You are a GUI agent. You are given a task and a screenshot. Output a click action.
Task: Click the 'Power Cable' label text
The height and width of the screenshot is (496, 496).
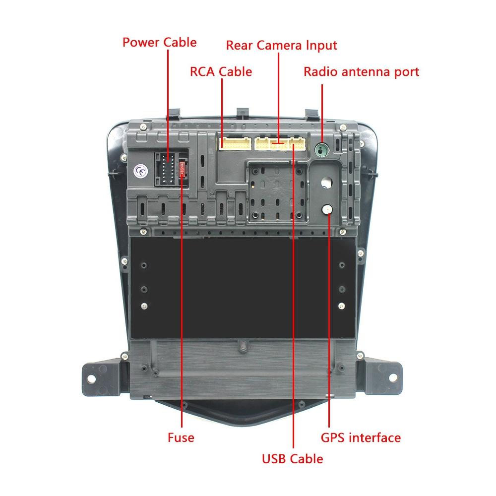pyautogui.click(x=159, y=42)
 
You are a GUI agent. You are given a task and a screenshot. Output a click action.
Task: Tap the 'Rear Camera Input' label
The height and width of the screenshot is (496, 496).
pyautogui.click(x=281, y=45)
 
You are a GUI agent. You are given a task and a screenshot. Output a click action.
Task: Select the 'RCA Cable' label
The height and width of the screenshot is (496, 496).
pyautogui.click(x=221, y=71)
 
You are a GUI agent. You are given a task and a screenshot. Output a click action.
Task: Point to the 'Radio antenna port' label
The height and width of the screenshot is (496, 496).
pyautogui.click(x=361, y=71)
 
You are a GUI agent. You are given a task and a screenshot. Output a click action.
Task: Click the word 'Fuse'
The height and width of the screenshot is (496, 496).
pyautogui.click(x=181, y=437)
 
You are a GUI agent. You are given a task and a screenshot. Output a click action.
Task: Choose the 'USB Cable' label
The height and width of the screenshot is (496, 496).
pyautogui.click(x=293, y=459)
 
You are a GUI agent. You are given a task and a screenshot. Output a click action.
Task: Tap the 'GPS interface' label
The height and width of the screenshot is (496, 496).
pyautogui.click(x=361, y=437)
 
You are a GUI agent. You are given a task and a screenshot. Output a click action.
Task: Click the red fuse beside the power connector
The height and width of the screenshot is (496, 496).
pyautogui.click(x=184, y=169)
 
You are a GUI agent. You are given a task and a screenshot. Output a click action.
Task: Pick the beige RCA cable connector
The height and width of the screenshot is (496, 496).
pyautogui.click(x=235, y=144)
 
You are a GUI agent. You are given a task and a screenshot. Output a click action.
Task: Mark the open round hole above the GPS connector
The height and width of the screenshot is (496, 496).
pyautogui.click(x=326, y=183)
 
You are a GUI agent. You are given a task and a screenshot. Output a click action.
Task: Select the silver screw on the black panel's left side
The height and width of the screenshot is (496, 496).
pyautogui.click(x=144, y=306)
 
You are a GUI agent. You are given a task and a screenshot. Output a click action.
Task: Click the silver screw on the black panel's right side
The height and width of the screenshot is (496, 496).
pyautogui.click(x=342, y=306)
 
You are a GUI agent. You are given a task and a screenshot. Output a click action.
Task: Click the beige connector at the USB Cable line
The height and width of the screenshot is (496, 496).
pyautogui.click(x=298, y=144)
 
